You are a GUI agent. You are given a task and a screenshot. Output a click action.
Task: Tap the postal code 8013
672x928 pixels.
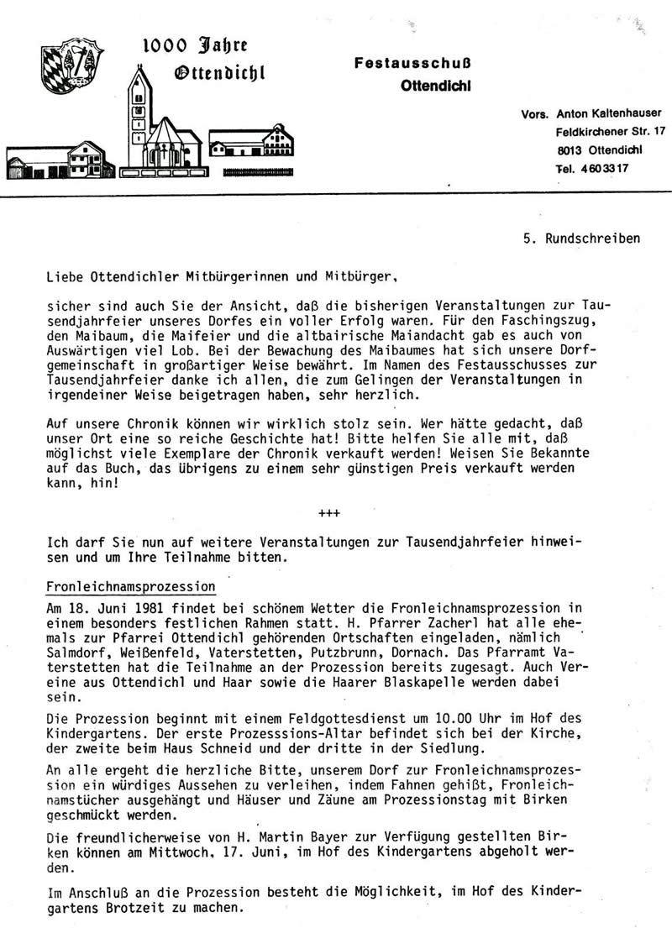click(570, 149)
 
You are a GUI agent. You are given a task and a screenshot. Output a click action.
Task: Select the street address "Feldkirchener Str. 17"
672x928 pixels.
click(611, 131)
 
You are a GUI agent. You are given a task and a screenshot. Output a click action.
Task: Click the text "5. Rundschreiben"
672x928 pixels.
click(580, 238)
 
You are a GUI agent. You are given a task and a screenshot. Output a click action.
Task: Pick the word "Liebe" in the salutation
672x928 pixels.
click(65, 273)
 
